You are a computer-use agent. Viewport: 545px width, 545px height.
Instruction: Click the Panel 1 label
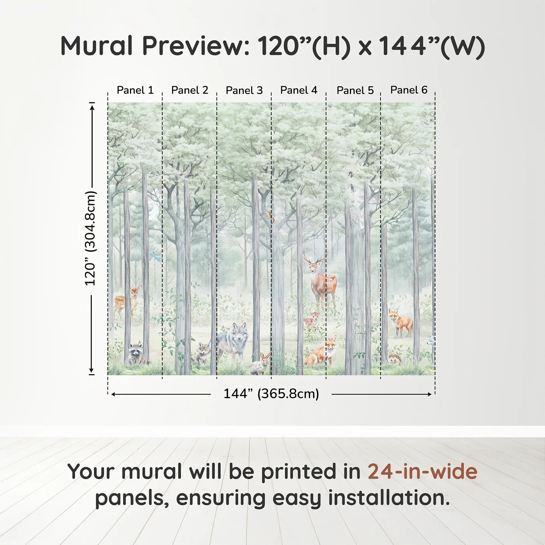(135, 90)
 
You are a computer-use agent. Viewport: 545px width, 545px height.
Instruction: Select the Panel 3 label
(244, 90)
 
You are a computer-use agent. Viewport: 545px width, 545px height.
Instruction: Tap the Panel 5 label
(355, 90)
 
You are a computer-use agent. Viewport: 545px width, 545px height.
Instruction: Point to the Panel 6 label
(409, 90)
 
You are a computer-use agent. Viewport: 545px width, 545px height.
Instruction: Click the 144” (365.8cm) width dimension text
(271, 394)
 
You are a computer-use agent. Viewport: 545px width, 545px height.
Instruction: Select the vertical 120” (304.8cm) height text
(90, 238)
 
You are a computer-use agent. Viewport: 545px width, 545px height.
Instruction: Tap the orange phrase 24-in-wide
(422, 471)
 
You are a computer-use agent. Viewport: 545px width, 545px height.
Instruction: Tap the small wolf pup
(202, 352)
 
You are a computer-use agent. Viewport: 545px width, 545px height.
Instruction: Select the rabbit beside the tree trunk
(260, 364)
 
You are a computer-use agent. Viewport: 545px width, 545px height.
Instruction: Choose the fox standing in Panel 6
(400, 321)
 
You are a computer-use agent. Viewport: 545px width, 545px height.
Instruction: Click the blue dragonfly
(155, 257)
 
